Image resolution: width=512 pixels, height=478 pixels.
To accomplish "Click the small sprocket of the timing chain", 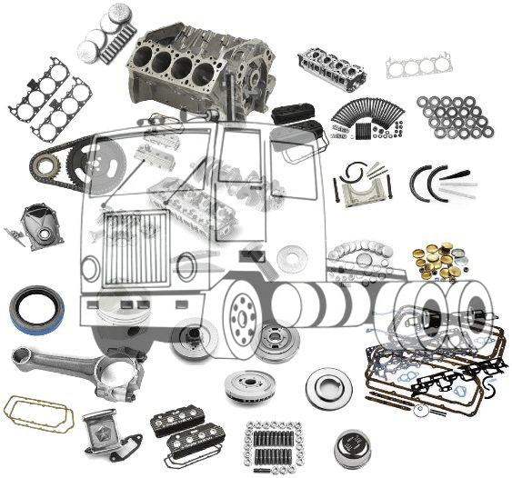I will pos(44,164).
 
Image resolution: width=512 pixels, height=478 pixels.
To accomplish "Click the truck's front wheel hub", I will pos(245,314).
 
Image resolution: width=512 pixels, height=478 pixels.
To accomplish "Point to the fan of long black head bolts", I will pos(365,117).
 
